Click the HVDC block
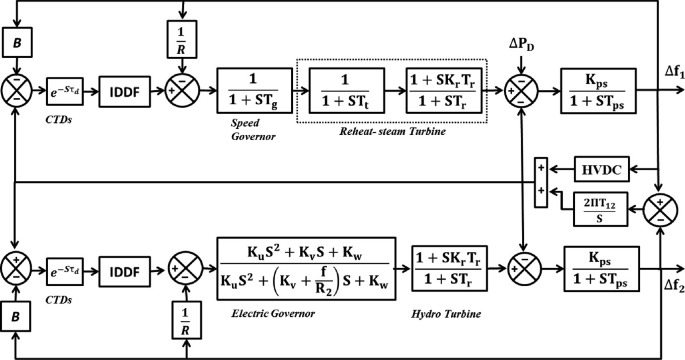tap(596, 170)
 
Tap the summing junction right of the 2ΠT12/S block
tap(661, 211)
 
